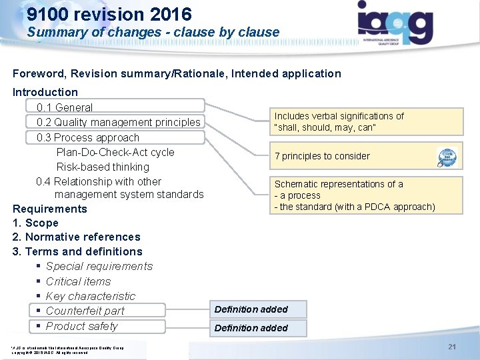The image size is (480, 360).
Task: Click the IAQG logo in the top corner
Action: [x=395, y=24]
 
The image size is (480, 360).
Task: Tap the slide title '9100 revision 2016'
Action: [x=109, y=14]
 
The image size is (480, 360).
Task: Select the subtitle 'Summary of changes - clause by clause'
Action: [x=153, y=32]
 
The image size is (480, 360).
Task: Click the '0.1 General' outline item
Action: [x=65, y=107]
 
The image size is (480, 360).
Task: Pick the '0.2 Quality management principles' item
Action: [x=119, y=122]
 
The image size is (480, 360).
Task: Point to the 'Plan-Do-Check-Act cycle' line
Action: [x=115, y=152]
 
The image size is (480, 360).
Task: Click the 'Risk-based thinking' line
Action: [x=103, y=167]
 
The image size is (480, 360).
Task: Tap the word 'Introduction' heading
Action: [x=45, y=92]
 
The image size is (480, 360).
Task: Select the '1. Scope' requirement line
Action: [x=35, y=223]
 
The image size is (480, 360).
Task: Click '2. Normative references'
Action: [x=76, y=237]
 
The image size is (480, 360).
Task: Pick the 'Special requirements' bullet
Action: [x=99, y=267]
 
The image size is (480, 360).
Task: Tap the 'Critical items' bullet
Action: [x=78, y=281]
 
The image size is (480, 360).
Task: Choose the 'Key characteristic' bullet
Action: [x=90, y=296]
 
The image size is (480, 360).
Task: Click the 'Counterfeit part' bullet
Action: [x=85, y=311]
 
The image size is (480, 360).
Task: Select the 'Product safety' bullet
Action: [x=81, y=326]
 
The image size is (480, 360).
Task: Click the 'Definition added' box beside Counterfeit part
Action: [x=251, y=309]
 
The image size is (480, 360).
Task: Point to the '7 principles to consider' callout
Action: [x=322, y=156]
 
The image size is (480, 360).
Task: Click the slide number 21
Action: [x=452, y=347]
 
